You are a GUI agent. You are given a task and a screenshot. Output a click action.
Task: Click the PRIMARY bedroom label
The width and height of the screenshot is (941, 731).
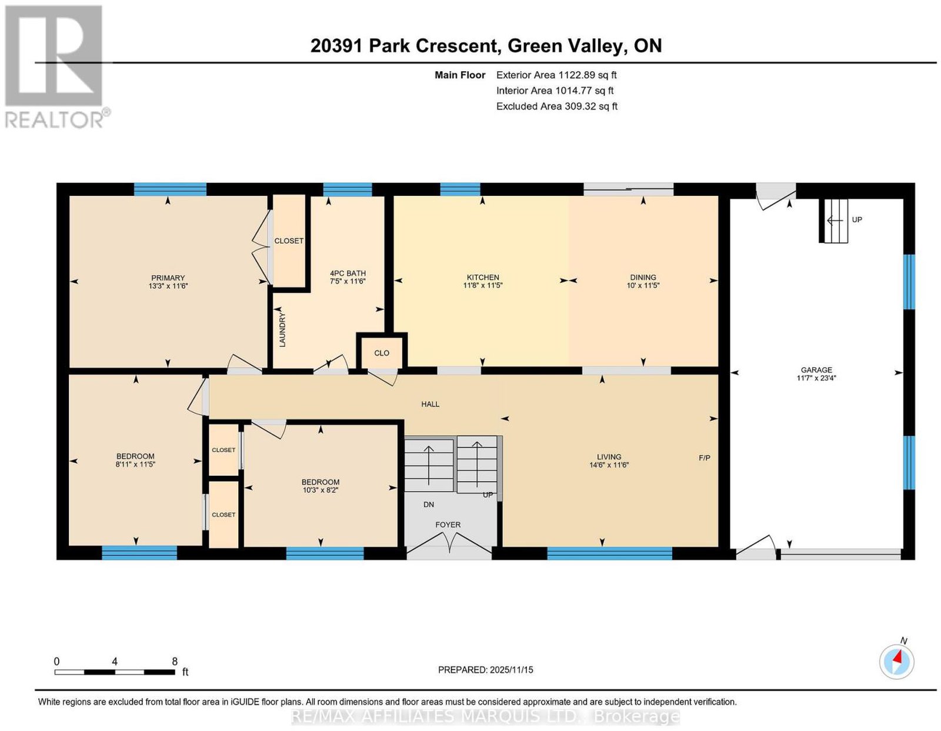[x=168, y=278]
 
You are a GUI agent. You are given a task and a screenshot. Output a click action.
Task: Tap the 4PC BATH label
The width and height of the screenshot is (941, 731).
[x=348, y=273]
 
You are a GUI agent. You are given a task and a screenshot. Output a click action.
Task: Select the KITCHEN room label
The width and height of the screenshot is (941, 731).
[x=483, y=277]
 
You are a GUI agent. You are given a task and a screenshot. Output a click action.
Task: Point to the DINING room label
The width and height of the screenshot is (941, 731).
[x=643, y=277]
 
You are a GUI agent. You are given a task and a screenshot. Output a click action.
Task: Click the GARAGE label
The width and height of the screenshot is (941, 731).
[x=816, y=369]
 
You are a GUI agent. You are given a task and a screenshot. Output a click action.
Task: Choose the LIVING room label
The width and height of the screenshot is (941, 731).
[x=609, y=456]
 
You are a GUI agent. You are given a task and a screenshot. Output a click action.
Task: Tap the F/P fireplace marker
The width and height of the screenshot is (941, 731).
[x=705, y=458]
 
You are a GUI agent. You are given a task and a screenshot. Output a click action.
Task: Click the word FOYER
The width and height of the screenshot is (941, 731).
[x=448, y=525]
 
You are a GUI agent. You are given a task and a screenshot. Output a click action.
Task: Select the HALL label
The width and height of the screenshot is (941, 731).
[x=431, y=404]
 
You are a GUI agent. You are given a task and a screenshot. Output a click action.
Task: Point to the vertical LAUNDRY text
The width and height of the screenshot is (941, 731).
[x=283, y=331]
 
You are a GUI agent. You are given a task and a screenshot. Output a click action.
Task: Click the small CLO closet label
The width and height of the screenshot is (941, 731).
[x=382, y=353]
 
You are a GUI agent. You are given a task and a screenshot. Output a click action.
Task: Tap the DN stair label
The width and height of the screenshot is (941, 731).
[x=429, y=504]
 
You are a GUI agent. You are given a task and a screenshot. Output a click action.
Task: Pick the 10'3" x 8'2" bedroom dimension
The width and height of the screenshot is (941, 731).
[x=321, y=490]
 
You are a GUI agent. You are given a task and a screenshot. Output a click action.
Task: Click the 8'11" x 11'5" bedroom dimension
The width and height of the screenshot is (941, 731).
[x=135, y=464]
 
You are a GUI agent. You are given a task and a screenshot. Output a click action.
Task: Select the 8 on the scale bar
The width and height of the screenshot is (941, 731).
[x=175, y=662]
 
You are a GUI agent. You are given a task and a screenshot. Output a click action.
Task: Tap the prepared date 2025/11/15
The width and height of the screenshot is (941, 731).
[x=512, y=670]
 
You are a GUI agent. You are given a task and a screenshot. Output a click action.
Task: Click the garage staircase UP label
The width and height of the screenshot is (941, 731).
[x=857, y=219]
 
